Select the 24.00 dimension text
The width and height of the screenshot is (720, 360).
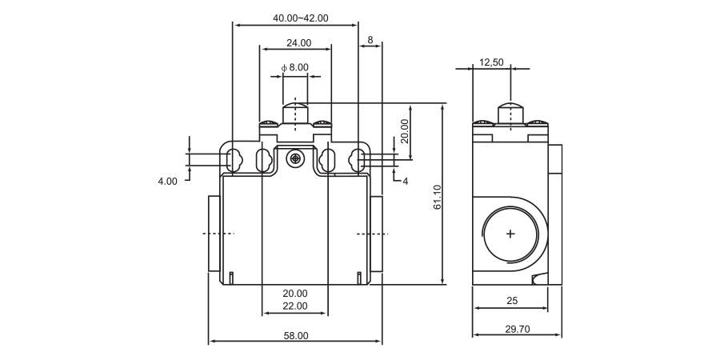click(x=298, y=43)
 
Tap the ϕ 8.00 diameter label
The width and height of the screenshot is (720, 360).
click(x=295, y=68)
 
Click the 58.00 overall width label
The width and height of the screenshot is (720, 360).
click(x=295, y=336)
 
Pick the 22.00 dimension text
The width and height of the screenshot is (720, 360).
click(x=295, y=306)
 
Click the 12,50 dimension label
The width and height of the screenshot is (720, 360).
click(x=491, y=62)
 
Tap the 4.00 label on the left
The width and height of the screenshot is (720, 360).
click(x=167, y=182)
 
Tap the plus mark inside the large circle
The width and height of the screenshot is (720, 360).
click(x=510, y=234)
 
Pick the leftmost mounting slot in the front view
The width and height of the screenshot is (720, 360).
click(x=234, y=160)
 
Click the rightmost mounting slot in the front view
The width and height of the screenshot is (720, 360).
click(x=357, y=160)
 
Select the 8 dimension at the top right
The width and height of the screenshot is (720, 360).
click(x=370, y=39)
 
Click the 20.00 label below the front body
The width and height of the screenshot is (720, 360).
click(x=295, y=294)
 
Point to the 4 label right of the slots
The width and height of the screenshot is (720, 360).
click(x=405, y=182)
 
